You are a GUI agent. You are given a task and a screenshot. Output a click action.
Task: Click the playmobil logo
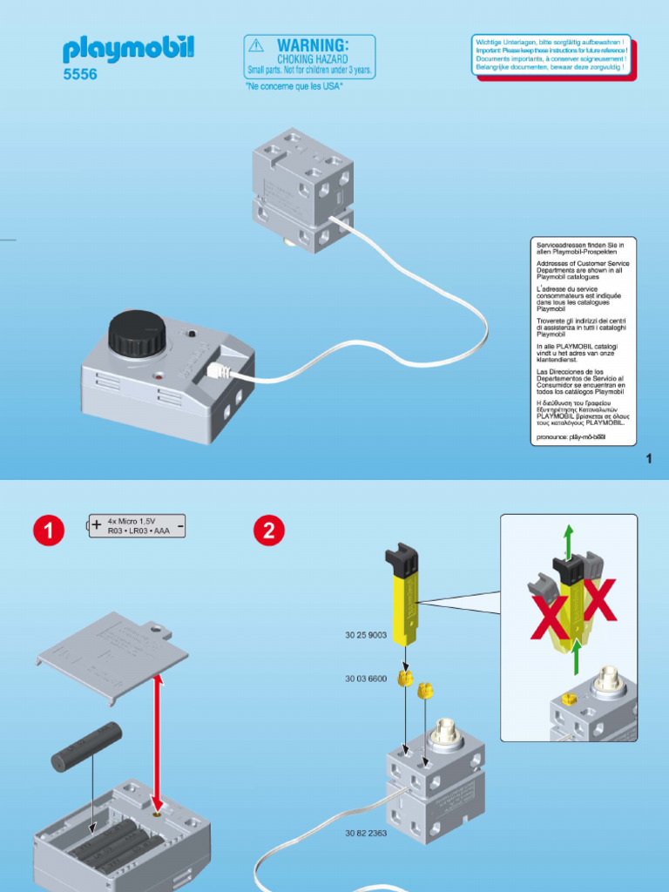pos(127,49)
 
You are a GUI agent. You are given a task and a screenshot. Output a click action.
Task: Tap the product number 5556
pos(80,75)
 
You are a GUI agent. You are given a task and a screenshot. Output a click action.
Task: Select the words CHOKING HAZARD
pos(313,58)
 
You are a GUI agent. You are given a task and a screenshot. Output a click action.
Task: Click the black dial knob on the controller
pos(137,332)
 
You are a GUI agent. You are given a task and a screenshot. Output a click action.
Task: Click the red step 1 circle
pos(49,531)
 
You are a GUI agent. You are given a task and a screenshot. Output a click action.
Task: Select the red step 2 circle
pos(269,531)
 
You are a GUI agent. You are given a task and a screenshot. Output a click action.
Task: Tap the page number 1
pos(649,459)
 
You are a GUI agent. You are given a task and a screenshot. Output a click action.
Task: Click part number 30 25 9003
pos(366,636)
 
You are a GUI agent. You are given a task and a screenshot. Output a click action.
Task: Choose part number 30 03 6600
pos(366,677)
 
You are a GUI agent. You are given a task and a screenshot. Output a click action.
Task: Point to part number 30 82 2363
pos(366,834)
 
